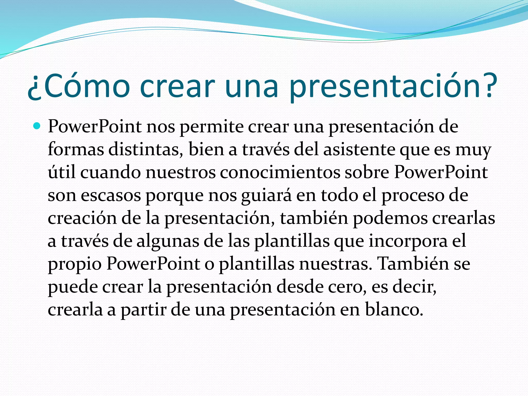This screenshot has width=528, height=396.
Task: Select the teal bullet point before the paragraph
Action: coord(37,126)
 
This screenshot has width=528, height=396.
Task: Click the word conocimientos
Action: coord(280,172)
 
